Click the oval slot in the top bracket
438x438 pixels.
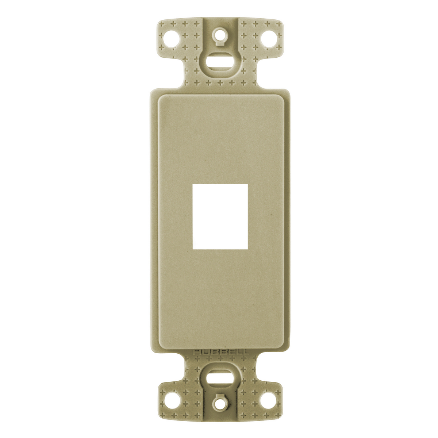(220, 62)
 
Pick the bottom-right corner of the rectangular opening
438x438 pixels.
(247, 249)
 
